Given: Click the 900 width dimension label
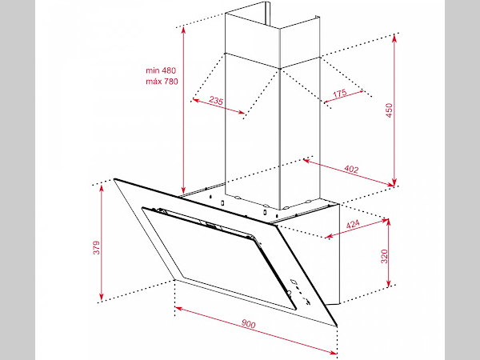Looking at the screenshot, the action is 248,323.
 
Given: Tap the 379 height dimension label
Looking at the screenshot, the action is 97,247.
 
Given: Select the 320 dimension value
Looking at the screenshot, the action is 385,256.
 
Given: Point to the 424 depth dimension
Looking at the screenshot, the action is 353,224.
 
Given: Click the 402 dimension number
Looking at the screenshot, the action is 351,169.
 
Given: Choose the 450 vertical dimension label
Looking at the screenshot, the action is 389,110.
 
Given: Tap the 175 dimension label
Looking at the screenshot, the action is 340,93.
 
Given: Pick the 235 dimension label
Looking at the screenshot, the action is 216,100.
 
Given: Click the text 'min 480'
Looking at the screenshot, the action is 161,70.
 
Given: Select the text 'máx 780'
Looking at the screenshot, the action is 162,82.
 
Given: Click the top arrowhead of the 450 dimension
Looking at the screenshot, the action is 394,38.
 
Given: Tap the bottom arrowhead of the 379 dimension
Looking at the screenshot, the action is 102,297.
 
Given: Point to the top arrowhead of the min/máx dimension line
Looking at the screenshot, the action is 183,30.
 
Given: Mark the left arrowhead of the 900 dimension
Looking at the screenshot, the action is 179,309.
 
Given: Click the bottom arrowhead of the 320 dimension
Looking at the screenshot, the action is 389,283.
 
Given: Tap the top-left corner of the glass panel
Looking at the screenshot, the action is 114,179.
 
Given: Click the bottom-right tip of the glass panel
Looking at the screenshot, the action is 337,326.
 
